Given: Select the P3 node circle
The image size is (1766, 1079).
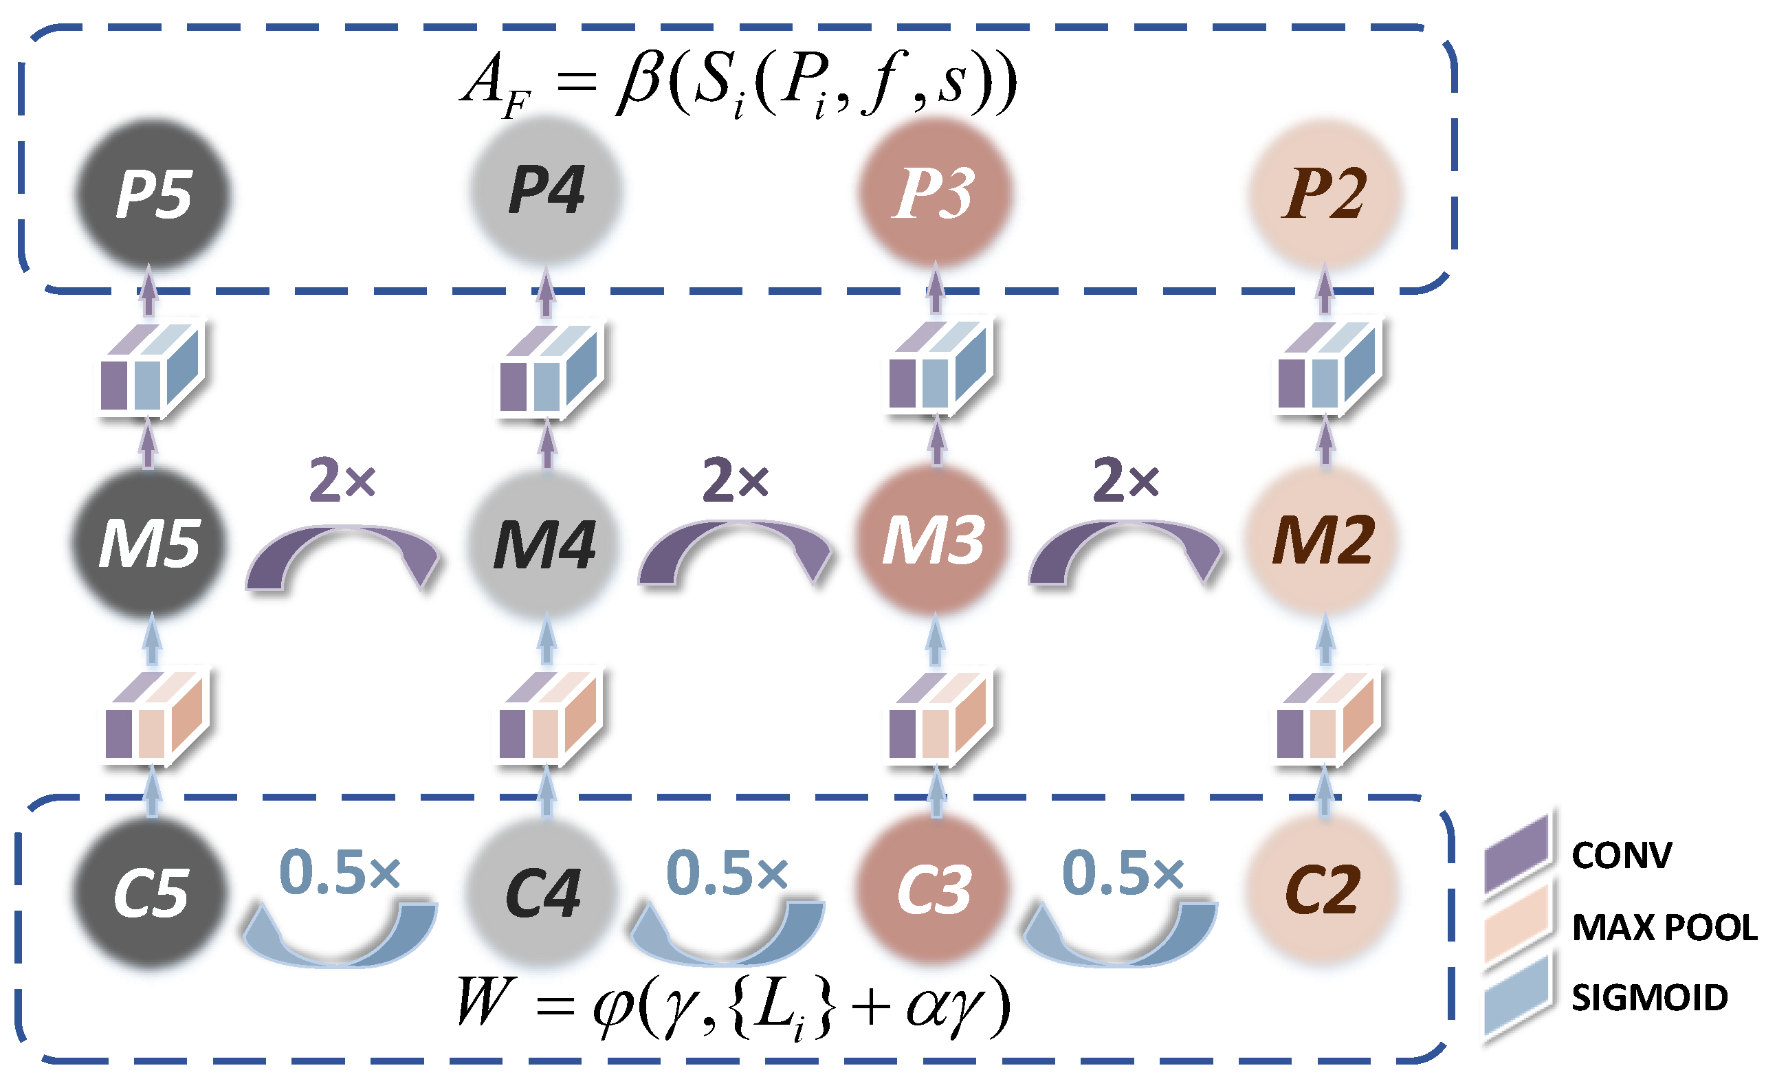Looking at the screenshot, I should pos(935,192).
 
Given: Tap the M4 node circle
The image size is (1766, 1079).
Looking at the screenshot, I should pos(545,543).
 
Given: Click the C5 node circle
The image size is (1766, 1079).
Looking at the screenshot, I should pos(151,893).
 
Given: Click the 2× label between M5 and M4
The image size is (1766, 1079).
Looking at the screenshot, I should pos(342,480).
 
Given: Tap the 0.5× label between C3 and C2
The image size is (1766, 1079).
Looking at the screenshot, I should pos(1123,873).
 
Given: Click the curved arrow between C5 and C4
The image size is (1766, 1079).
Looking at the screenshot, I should pos(340,939).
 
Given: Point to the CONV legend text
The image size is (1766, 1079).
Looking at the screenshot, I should pos(1621,855).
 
